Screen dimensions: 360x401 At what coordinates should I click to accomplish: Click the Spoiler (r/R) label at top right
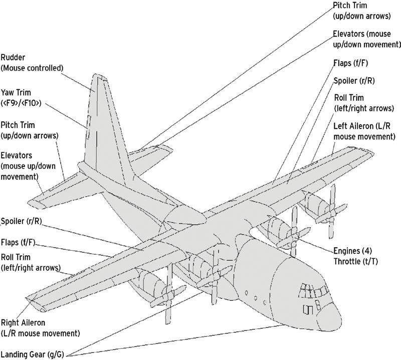(353, 81)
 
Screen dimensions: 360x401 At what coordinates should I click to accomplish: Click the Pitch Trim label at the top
(361, 11)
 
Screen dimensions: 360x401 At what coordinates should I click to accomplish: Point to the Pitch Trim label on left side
(29, 129)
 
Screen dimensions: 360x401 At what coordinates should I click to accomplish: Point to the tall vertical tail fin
(103, 125)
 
